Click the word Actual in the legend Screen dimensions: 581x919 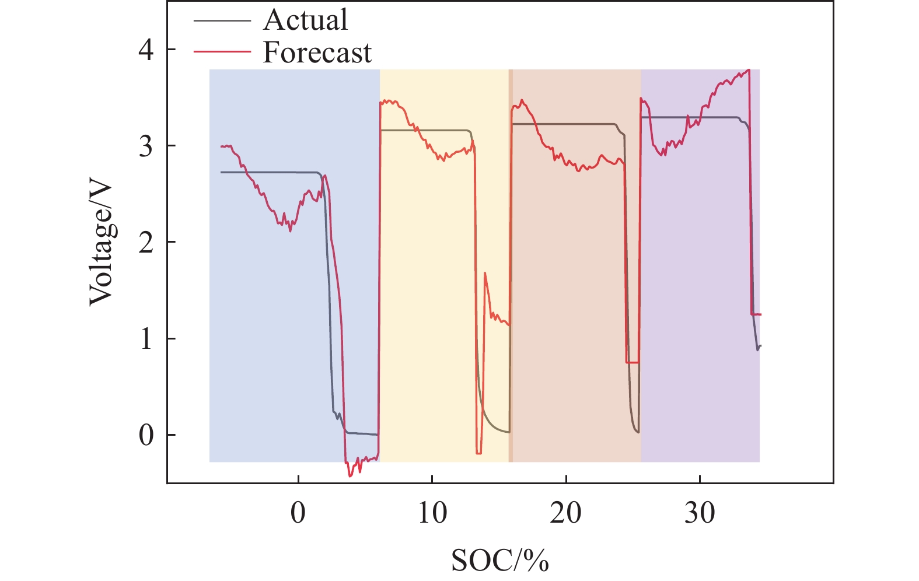pyautogui.click(x=305, y=20)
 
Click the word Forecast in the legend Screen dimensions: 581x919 pyautogui.click(x=317, y=52)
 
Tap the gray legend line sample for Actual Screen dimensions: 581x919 pyautogui.click(x=222, y=20)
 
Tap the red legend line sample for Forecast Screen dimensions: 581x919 pyautogui.click(x=222, y=52)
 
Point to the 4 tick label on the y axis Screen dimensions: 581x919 pyautogui.click(x=146, y=50)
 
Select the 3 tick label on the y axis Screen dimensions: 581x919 pyautogui.click(x=146, y=145)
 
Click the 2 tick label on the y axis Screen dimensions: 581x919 pyautogui.click(x=146, y=242)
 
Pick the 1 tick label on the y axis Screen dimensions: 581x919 pyautogui.click(x=146, y=339)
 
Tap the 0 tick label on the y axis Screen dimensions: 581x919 pyautogui.click(x=146, y=435)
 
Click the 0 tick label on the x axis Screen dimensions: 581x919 pyautogui.click(x=298, y=513)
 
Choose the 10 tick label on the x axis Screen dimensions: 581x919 pyautogui.click(x=432, y=513)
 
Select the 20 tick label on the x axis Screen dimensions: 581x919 pyautogui.click(x=566, y=513)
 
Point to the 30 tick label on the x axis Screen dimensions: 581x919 pyautogui.click(x=700, y=513)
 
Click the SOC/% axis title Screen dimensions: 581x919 pyautogui.click(x=500, y=561)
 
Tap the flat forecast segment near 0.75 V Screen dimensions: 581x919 pyautogui.click(x=633, y=363)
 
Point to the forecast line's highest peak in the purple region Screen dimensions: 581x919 pyautogui.click(x=748, y=70)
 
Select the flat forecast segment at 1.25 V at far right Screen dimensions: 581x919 pyautogui.click(x=756, y=314)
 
